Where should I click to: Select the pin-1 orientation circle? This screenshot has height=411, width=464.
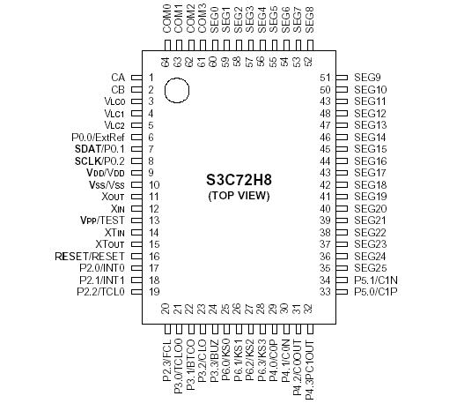tap(177, 90)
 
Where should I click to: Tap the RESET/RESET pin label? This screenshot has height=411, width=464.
tap(92, 256)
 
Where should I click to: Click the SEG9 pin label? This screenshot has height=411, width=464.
tap(367, 78)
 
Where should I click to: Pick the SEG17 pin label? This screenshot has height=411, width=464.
tap(370, 173)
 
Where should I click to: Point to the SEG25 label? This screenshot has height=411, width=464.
tap(370, 267)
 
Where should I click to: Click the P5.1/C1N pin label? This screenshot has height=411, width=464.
tap(375, 280)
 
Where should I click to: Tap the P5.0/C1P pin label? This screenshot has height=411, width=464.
tap(375, 291)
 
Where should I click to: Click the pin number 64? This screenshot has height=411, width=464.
tap(166, 62)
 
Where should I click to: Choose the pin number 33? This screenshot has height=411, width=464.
tap(324, 291)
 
